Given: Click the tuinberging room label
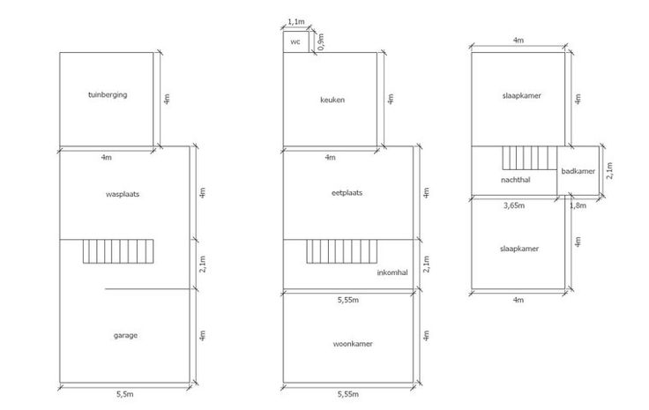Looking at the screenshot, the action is pos(108,94).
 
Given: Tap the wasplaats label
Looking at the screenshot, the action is pos(123,194).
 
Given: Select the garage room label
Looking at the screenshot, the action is pos(125,336).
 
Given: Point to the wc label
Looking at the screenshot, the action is pos(295,41).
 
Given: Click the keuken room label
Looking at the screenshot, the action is pos(332,100).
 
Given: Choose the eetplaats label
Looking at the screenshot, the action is pos(347,193).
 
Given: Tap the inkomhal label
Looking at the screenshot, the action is pos(392,272).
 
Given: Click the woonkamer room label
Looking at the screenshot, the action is pos(353,344).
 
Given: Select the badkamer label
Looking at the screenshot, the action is pos(578,171).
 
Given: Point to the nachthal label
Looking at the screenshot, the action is pos(515,180).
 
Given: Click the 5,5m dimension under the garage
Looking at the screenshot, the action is pos(124,394).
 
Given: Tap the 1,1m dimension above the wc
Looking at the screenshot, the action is pos(296,21).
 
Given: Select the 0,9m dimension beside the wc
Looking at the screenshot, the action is pos(321,41).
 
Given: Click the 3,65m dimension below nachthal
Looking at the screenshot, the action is pos(514,205).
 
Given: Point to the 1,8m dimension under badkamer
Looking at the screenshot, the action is pos(578,205).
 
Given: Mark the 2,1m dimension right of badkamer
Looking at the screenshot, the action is pos(609,170).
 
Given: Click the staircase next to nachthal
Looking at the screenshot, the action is pos(530,158).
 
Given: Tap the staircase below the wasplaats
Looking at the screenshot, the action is pos(118,251).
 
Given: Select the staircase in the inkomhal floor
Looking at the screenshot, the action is pos(342,251).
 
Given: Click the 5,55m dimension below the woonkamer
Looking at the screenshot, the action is pos(348,394).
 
